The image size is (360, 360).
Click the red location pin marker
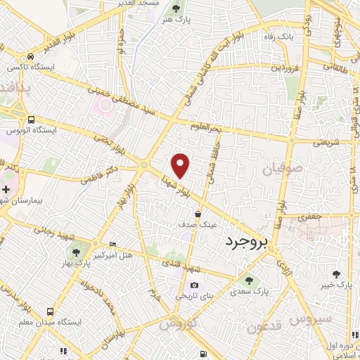point(181,165)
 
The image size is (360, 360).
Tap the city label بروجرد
point(247,243)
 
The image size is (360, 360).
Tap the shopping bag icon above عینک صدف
point(198,213)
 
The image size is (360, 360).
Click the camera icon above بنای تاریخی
point(194,285)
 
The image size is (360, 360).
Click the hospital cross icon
point(6,189)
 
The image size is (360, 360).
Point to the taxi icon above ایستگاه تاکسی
point(30,56)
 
